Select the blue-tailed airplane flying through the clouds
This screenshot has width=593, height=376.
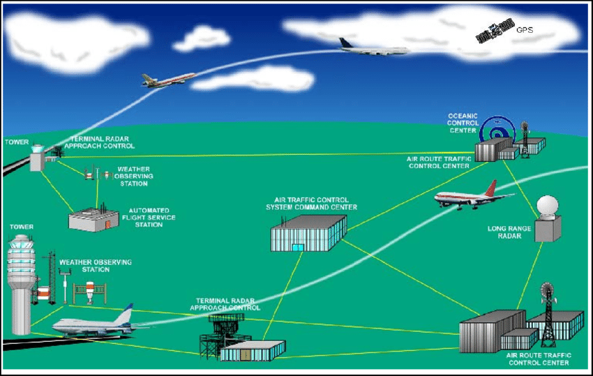[x=373, y=47]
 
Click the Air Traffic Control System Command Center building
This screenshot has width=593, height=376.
[x=308, y=232]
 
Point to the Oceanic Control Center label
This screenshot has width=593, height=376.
[x=463, y=123]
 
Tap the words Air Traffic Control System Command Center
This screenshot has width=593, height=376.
[x=311, y=203]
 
